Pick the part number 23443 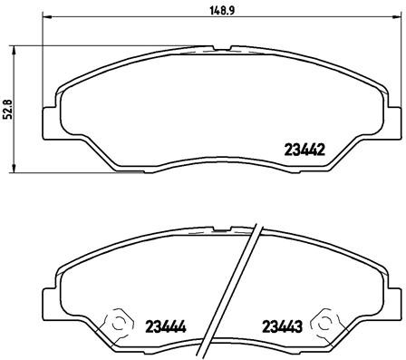282,324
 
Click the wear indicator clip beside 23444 114,322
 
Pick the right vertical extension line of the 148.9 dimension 396,63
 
